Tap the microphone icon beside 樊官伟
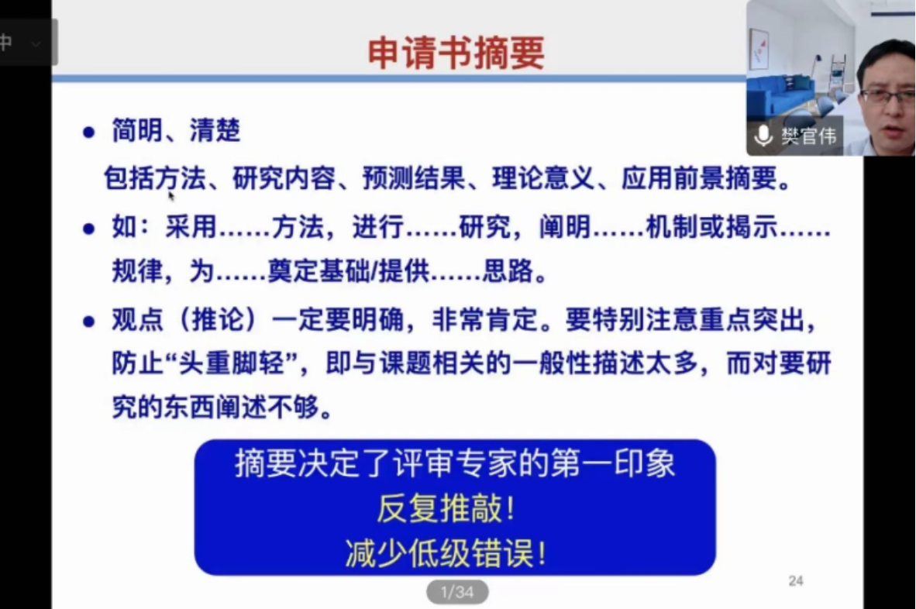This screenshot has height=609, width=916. (763, 136)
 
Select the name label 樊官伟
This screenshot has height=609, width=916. (808, 136)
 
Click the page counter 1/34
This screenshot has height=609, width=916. (456, 593)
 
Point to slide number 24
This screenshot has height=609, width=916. (795, 580)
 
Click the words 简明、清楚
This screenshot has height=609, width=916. (176, 131)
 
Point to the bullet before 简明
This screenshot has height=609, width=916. (88, 132)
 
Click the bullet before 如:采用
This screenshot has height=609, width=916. (88, 229)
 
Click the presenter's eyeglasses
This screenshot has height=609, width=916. (888, 96)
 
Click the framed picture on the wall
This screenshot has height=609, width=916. (759, 48)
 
